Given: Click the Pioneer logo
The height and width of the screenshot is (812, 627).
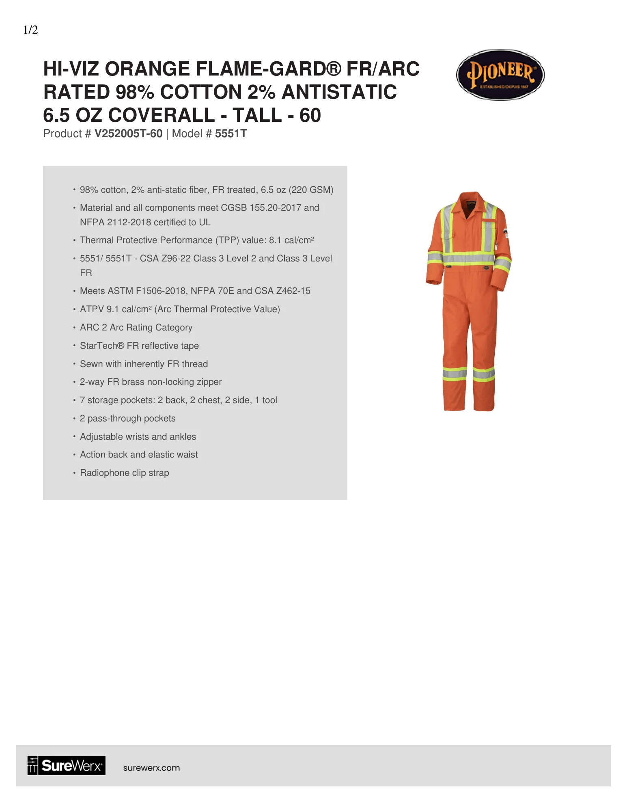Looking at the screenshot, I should pyautogui.click(x=500, y=75).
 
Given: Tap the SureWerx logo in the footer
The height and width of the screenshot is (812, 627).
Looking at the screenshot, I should pyautogui.click(x=67, y=765).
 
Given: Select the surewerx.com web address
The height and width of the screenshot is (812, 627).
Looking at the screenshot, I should pyautogui.click(x=151, y=768).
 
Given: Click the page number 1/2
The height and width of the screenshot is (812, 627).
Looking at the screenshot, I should pyautogui.click(x=30, y=30).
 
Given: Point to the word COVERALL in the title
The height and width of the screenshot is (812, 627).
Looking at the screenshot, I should pyautogui.click(x=161, y=115).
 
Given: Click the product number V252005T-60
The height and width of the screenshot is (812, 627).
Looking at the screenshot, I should pyautogui.click(x=128, y=134).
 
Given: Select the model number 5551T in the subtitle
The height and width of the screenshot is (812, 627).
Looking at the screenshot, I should pyautogui.click(x=231, y=134).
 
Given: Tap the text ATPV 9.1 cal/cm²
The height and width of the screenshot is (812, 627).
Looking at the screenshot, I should pyautogui.click(x=116, y=309).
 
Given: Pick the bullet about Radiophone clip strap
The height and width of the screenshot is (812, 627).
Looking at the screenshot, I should pyautogui.click(x=124, y=473).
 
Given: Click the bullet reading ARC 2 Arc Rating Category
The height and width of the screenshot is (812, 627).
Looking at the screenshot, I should pyautogui.click(x=136, y=327).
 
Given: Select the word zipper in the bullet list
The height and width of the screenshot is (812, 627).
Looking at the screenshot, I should pyautogui.click(x=209, y=382).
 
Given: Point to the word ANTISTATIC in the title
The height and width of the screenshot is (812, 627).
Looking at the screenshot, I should pyautogui.click(x=339, y=92).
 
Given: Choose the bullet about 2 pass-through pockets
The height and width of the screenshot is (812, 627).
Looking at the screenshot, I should pyautogui.click(x=127, y=418).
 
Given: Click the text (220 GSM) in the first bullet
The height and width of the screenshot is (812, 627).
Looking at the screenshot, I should pyautogui.click(x=311, y=190).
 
